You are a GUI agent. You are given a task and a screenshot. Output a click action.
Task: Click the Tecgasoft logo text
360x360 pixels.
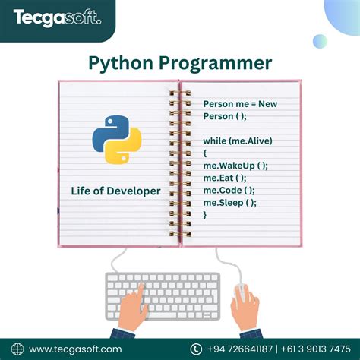tap(56, 17)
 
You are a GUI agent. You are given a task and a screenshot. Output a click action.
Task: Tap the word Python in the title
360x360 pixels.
tap(122, 62)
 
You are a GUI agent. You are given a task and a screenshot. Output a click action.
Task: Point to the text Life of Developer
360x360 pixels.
tap(115, 191)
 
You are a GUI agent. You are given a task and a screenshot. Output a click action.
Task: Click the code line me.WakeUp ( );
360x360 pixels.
tap(235, 166)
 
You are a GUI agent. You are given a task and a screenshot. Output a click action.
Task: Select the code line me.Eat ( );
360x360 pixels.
tap(225, 178)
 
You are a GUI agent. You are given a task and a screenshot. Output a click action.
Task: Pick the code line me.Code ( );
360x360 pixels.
tap(229, 190)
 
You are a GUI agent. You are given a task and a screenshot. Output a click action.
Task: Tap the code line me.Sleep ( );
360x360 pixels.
tap(229, 202)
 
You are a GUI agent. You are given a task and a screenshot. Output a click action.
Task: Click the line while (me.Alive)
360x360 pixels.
tap(238, 141)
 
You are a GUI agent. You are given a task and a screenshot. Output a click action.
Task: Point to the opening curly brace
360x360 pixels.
tap(205, 153)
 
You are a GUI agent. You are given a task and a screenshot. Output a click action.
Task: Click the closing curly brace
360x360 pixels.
tap(205, 214)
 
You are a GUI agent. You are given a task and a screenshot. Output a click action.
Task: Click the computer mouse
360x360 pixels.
tap(241, 292)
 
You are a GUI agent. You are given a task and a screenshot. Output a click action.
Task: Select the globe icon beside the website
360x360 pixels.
tap(17, 349)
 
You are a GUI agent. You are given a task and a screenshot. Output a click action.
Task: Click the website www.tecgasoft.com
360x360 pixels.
tap(74, 349)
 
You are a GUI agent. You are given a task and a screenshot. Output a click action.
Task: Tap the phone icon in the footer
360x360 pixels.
tap(195, 349)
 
